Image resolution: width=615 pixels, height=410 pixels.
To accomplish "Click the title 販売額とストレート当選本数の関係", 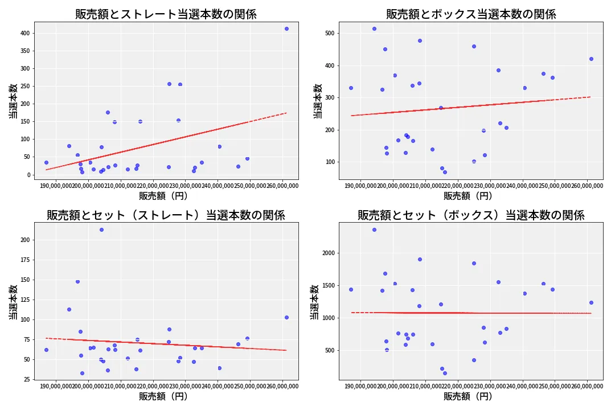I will coord(166,14).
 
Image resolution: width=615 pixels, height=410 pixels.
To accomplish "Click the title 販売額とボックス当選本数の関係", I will coord(471,14).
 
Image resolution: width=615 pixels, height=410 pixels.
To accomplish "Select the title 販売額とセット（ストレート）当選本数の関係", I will coord(166,215).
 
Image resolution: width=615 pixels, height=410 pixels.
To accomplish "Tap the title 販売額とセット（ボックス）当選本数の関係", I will coord(471,215).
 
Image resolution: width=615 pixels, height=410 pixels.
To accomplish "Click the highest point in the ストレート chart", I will coord(286,28).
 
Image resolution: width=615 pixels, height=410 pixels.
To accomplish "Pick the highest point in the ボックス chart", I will coord(374,28).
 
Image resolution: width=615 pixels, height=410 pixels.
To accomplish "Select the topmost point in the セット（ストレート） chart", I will coord(101,229).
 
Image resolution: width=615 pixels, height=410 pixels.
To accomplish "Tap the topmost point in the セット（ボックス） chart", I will coord(374,229).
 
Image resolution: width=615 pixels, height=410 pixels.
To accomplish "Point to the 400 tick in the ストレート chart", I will coord(24,33).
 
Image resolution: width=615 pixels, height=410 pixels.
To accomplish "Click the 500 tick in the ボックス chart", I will coord(330,33).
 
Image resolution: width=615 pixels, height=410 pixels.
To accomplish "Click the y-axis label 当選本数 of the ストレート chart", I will coord(12,101).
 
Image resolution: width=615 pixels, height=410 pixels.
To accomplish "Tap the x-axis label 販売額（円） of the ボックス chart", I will coord(468,196).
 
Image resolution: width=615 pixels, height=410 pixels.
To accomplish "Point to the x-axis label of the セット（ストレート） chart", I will coord(163,396).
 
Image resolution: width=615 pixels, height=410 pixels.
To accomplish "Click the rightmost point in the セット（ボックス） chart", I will coord(591,302).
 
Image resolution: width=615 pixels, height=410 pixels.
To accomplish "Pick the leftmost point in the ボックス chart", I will coord(351,88).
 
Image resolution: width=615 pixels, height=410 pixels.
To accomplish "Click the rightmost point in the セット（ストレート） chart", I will coord(286,317).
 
